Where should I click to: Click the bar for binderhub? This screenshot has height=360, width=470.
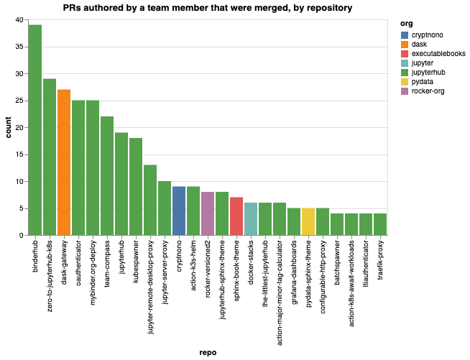click(x=35, y=130)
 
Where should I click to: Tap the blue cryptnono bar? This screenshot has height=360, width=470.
click(x=179, y=211)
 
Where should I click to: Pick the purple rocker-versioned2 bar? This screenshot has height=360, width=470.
click(x=208, y=213)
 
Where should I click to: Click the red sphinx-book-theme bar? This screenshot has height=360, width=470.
click(x=236, y=216)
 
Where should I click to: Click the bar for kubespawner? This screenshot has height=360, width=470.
click(x=136, y=187)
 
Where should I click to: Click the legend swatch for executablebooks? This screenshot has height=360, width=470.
click(x=405, y=54)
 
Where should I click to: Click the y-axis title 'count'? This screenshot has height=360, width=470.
click(x=9, y=128)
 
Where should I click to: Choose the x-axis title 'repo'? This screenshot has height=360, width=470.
click(x=208, y=352)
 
